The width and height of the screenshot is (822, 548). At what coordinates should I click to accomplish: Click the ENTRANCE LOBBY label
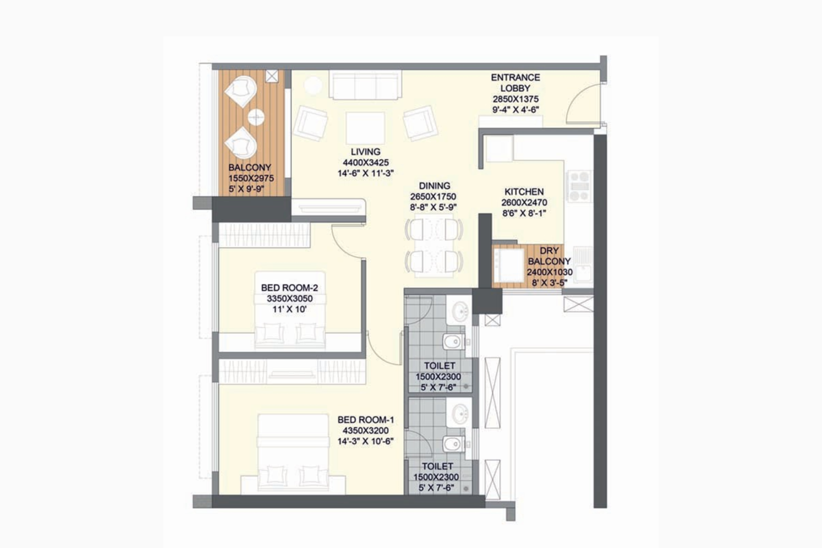coord(515,83)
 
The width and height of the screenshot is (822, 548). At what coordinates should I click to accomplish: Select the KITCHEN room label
coord(524,192)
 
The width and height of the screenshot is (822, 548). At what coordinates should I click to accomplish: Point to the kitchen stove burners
coord(580,186)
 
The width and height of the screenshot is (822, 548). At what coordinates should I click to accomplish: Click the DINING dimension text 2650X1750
coord(433,197)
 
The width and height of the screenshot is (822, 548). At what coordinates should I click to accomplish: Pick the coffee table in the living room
coord(365,128)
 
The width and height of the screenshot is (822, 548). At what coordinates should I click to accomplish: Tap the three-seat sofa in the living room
coord(365,85)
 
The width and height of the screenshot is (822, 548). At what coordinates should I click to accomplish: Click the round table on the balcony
coord(256,118)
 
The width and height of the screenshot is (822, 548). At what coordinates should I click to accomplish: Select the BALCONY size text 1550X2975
coord(251,178)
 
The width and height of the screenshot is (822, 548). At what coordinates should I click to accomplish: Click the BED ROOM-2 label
coord(289,288)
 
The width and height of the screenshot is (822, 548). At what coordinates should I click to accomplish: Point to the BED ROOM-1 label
coord(366,420)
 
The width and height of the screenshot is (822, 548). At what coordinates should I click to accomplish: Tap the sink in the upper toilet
coord(460,311)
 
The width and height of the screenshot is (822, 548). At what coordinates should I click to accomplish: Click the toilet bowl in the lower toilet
coord(453,444)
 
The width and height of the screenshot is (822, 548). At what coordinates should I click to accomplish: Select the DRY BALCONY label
coord(549,256)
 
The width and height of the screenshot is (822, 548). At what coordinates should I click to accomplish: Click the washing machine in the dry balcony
coord(508,266)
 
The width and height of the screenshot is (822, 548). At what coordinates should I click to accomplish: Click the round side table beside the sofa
coord(313,85)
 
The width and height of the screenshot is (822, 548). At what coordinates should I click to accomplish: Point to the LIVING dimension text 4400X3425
coord(366,163)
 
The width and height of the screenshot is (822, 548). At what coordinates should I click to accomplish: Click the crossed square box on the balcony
coord(272,77)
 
